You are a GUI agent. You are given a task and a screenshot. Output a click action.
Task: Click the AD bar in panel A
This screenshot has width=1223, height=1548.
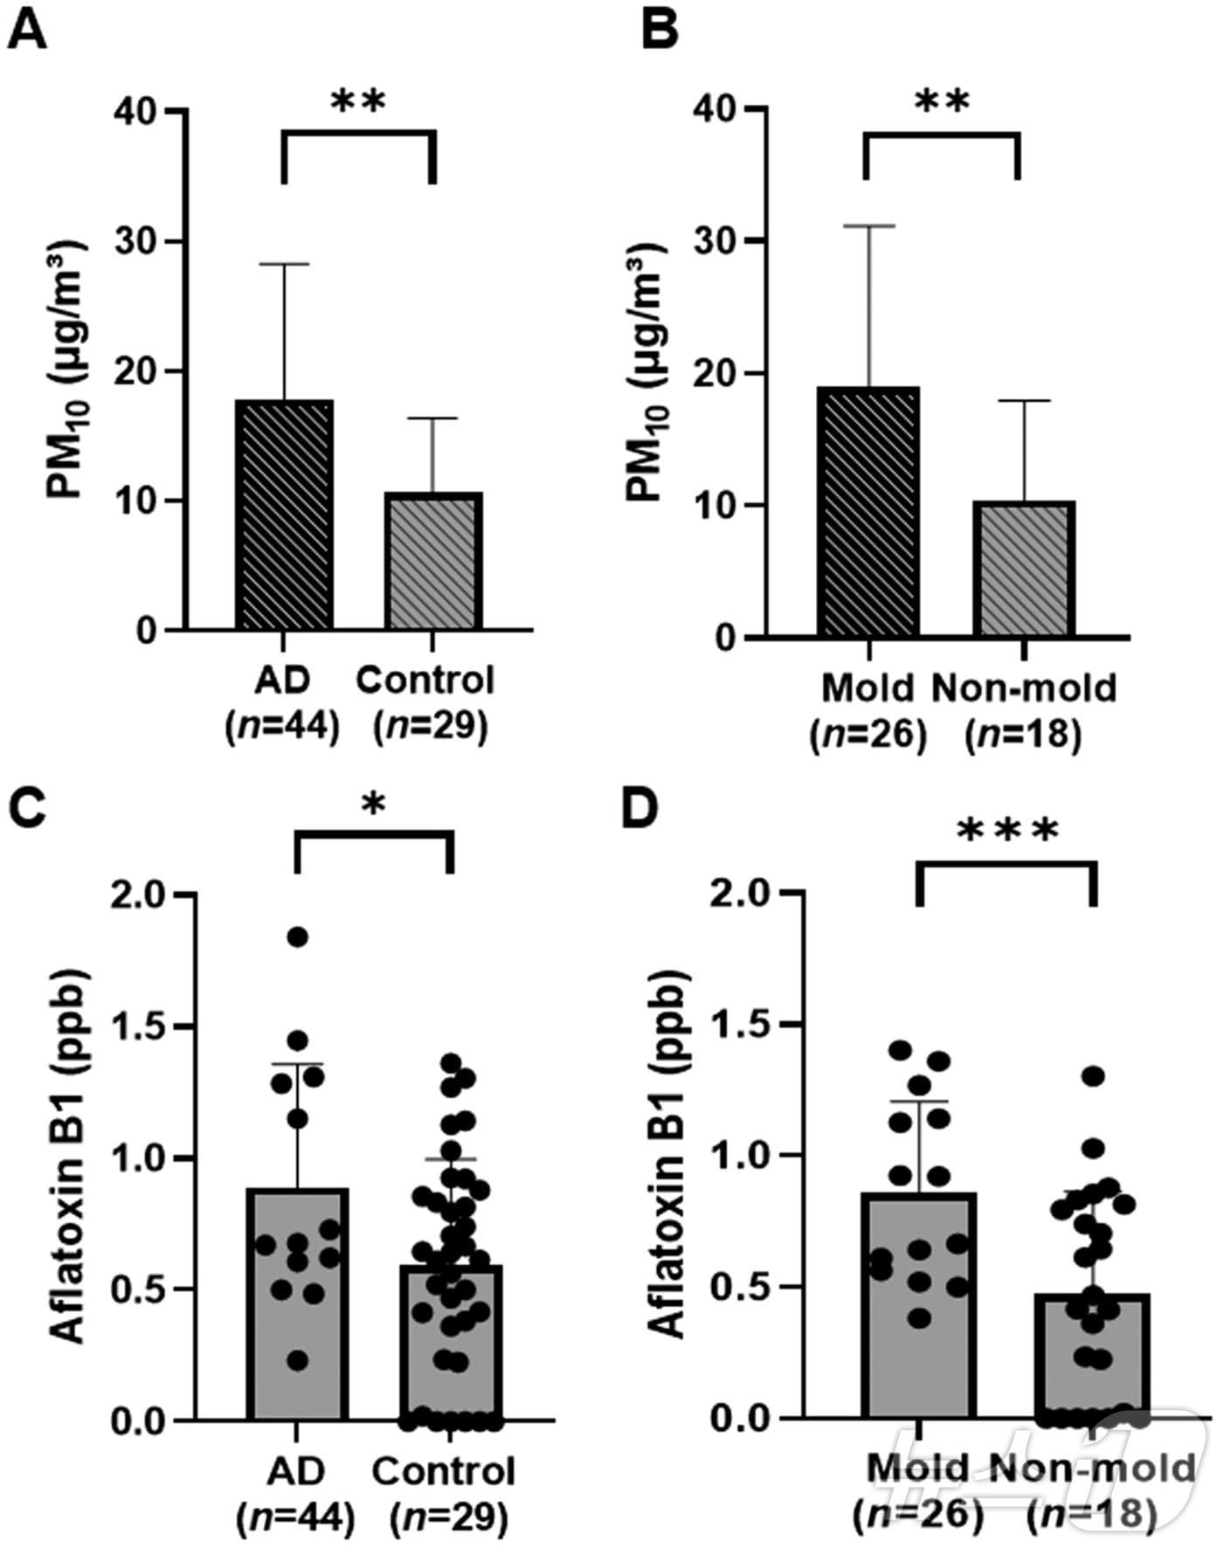tap(285, 515)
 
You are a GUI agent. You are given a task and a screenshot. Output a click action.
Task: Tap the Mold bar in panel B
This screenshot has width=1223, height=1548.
tap(868, 512)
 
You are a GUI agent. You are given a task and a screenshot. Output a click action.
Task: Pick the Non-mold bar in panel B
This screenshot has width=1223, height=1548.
tap(1024, 570)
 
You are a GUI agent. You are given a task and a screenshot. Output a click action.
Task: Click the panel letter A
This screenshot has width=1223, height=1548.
tap(26, 35)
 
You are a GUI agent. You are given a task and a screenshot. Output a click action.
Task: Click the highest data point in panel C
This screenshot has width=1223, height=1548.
tap(298, 937)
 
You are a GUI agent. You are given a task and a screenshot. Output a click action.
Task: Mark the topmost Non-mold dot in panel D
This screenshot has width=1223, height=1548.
tap(1093, 1075)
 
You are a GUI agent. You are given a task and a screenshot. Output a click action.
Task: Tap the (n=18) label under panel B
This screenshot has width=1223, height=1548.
tap(1023, 735)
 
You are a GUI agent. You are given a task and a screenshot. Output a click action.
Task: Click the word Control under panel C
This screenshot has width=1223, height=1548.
tap(443, 1472)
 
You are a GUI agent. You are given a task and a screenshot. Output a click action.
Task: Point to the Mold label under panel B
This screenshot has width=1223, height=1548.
tap(867, 688)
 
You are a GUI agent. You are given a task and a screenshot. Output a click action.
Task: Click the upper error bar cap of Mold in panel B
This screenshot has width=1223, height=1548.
tap(868, 226)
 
